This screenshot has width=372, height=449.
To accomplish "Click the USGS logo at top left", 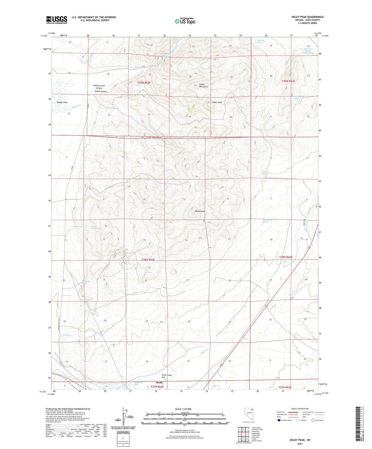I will point(56,20).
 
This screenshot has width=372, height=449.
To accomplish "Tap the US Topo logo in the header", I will point(185,21).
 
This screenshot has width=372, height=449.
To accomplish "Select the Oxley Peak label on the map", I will point(200,211).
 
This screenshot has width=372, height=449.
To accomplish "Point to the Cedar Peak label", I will point(217,102).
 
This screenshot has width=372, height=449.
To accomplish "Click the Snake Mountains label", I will point(204,85).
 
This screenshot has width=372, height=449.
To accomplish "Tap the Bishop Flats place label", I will point(62,102).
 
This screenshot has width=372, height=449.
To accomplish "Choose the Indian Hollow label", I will point(101,92).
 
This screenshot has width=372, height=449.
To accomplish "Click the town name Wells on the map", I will point(159,383).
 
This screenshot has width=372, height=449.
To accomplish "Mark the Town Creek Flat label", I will point(167,376).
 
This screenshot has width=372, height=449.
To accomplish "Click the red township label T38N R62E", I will point(148,260).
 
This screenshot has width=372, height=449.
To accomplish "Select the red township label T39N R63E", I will point(288,81).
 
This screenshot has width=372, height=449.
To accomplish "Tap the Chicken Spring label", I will point(265,173).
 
